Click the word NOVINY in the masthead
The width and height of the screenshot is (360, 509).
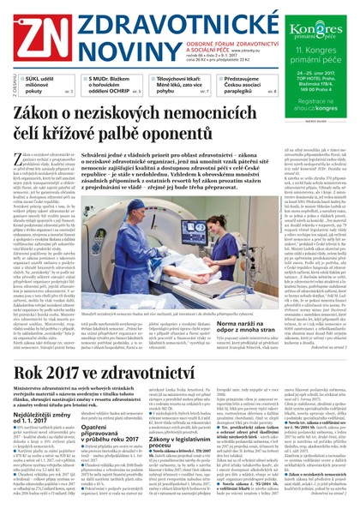pyautogui.click(x=101, y=45)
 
